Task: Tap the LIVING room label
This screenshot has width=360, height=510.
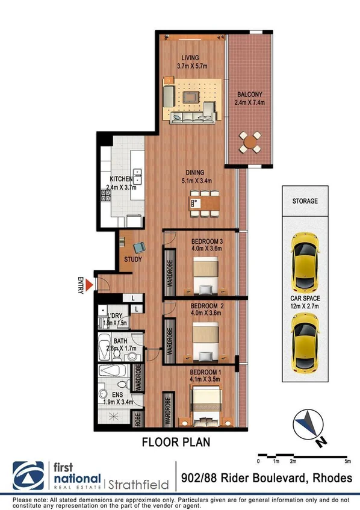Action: (190, 58)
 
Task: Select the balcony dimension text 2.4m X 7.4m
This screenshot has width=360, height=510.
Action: (249, 103)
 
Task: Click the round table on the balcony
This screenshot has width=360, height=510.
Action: (250, 142)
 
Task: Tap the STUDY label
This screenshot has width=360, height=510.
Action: (132, 260)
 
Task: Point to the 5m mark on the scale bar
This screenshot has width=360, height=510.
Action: (347, 461)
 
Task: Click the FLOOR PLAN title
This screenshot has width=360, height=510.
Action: (176, 443)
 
